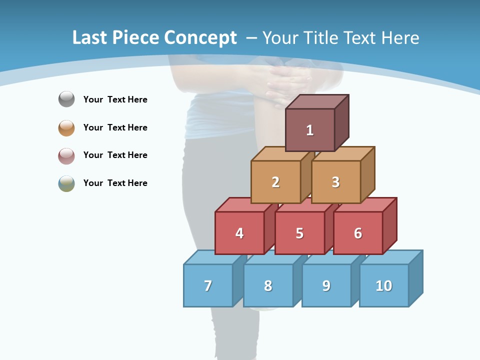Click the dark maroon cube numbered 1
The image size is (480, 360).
coord(310,130)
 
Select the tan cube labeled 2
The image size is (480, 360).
coord(275,182)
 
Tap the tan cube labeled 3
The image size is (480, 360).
coord(335,182)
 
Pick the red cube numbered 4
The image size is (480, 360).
coord(239,233)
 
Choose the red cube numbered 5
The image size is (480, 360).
coord(299,233)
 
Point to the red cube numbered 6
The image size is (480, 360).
coord(358,233)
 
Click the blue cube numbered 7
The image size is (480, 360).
coord(208,285)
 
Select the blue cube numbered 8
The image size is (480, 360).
coord(268,285)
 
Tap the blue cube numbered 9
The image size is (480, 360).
coord(326,285)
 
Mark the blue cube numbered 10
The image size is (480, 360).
coord(384,285)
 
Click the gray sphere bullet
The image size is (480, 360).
coord(66,99)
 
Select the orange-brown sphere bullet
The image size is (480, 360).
coord(66,127)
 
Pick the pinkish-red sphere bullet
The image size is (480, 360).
coord(66,155)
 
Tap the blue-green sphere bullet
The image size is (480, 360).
coord(66,183)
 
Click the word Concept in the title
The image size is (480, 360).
coord(200,38)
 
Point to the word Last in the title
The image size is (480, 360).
coord(90,38)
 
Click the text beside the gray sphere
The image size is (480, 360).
coord(115,99)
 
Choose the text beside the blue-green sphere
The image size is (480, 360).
coord(115,183)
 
